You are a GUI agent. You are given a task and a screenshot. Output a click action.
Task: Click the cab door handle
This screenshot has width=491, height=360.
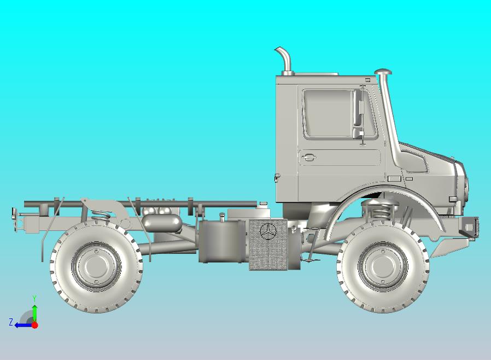point(308,158)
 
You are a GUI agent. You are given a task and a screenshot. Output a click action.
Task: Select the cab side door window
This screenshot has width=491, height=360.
point(327,113)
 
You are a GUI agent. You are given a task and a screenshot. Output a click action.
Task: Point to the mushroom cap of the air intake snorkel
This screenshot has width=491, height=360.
point(384,72)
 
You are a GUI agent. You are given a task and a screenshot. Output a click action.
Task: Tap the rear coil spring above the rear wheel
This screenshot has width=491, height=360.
point(100,214)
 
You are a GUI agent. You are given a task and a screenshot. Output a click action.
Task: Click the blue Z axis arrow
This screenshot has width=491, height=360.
point(22,325)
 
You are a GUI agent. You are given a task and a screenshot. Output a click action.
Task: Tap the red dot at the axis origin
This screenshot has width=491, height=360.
point(34,325)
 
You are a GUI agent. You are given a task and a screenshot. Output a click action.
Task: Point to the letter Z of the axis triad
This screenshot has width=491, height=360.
point(10,322)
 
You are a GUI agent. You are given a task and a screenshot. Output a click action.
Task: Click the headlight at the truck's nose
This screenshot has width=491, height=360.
point(465,186)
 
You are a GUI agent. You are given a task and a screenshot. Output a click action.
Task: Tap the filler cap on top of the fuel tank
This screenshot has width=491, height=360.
point(222,217)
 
